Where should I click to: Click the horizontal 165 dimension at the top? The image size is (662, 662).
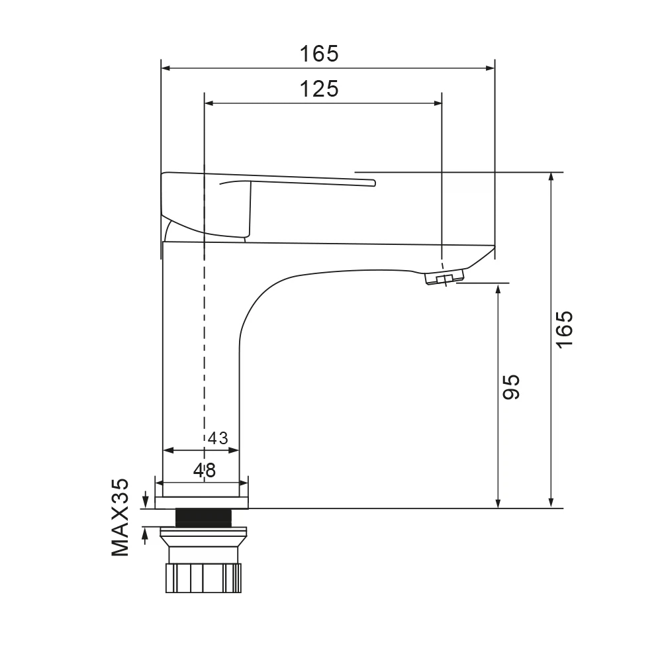[x=319, y=54]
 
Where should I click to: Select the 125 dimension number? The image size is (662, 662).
[x=319, y=89]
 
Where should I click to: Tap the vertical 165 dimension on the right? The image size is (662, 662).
[x=565, y=329]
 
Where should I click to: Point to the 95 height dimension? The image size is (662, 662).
[x=511, y=387]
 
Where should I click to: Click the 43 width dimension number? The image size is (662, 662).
[x=218, y=438]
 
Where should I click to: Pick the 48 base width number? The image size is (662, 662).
[x=205, y=470]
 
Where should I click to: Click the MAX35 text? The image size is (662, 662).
[x=120, y=517]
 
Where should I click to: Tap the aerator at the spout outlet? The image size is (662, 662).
[x=444, y=277]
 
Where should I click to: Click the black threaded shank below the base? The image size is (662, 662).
[x=203, y=518]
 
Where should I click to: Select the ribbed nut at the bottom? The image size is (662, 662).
[x=203, y=577]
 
